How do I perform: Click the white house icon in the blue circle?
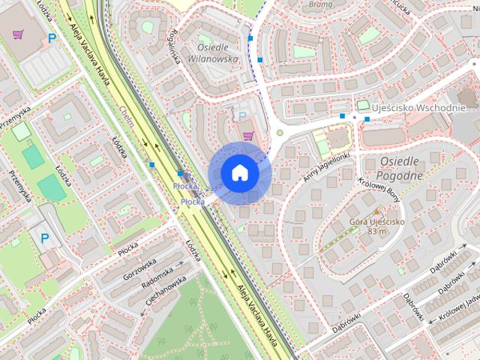tap(240, 172)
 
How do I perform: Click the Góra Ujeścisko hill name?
tap(376, 222)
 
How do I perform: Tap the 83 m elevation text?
tap(376, 231)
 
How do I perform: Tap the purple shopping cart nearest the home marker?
tap(248, 135)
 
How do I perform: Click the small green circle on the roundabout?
tap(280, 133)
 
